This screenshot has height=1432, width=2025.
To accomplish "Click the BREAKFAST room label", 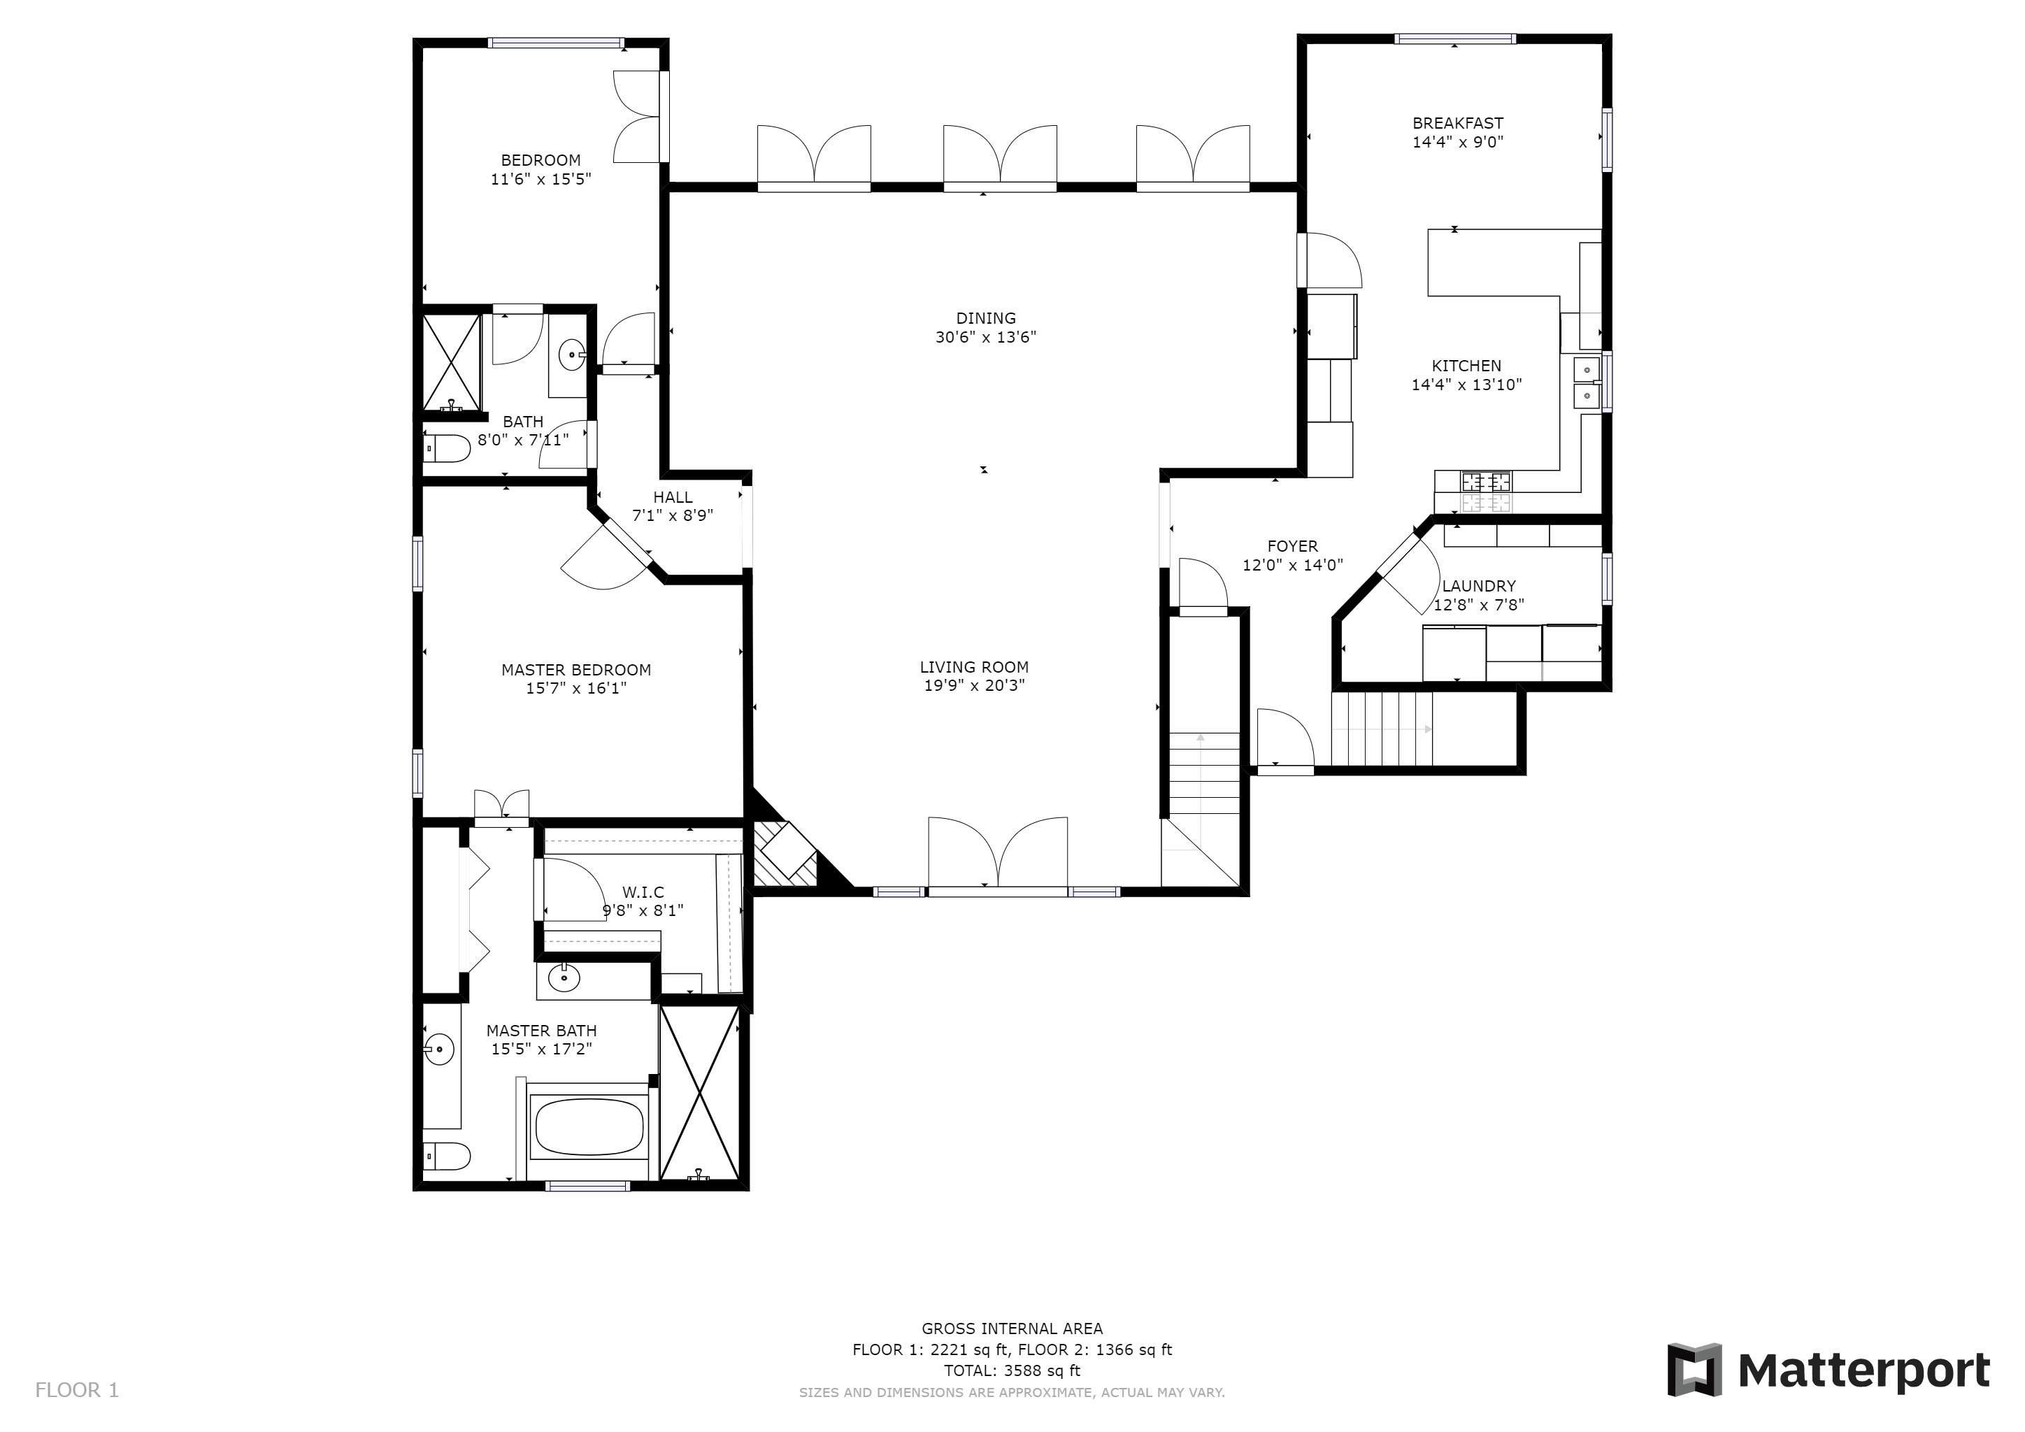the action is (1458, 124).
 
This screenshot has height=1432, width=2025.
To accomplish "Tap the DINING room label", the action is (986, 318).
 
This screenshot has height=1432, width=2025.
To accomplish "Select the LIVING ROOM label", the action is (975, 668).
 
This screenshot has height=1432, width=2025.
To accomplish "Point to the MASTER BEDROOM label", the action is (576, 670).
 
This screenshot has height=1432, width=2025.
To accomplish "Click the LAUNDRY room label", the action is (1479, 587).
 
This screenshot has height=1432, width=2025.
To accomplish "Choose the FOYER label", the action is (1293, 547).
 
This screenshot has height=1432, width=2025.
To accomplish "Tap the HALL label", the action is (673, 497).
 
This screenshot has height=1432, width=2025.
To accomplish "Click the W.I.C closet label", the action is (643, 892).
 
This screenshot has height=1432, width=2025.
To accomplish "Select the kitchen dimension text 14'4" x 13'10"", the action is (1467, 385).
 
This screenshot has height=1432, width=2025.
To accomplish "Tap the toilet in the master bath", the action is (446, 1156).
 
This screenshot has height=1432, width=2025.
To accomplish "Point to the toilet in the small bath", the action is (446, 449).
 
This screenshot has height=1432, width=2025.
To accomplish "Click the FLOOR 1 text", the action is (77, 1391).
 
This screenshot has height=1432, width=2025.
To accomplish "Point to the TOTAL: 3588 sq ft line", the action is (1012, 1371).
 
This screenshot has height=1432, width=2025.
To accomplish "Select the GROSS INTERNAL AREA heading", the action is (1012, 1329).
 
